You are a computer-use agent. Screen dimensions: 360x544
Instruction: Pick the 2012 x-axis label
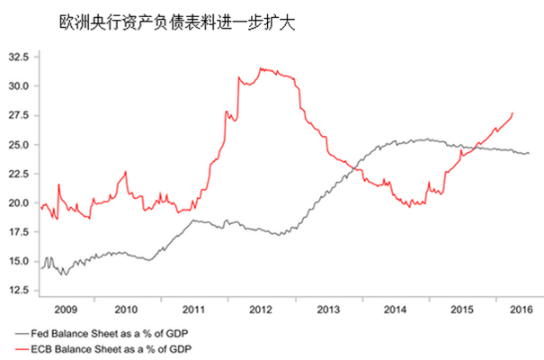coord(260,309)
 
